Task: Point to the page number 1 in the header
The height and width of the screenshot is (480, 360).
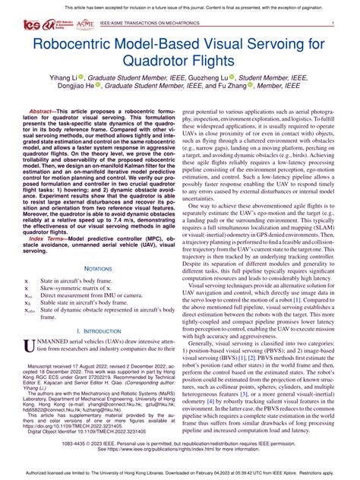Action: coord(333,24)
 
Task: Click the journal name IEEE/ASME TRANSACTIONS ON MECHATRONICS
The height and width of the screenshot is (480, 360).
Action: coord(148,24)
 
